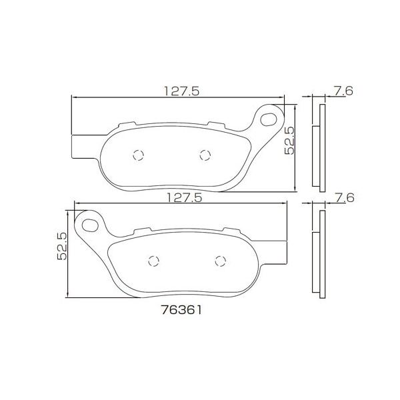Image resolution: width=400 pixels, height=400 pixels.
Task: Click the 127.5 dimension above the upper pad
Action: click(181, 91)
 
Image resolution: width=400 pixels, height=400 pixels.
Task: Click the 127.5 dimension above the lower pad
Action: click(184, 197)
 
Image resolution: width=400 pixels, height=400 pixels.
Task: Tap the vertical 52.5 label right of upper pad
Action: click(289, 141)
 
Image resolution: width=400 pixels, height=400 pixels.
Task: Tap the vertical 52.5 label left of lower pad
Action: click(62, 246)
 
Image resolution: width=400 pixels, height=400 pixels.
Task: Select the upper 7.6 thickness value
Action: click(343, 91)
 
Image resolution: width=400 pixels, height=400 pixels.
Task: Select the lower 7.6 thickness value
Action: click(345, 198)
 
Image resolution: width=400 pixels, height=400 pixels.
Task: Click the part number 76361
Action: click(182, 310)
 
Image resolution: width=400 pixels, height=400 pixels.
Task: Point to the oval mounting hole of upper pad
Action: click(269, 119)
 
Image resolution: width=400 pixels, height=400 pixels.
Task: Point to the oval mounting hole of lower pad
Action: click(90, 225)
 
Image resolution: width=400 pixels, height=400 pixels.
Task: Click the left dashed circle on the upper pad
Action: click(139, 155)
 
